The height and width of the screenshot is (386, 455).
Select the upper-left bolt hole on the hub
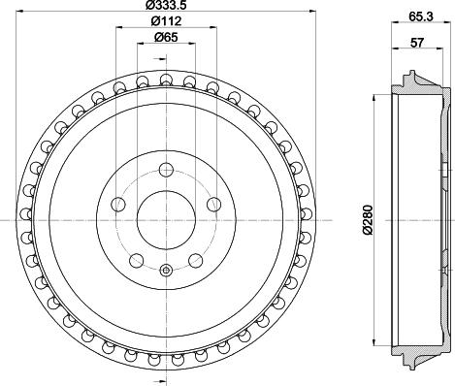click(x=118, y=204)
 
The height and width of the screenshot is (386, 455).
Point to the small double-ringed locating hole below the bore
click(x=165, y=270)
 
